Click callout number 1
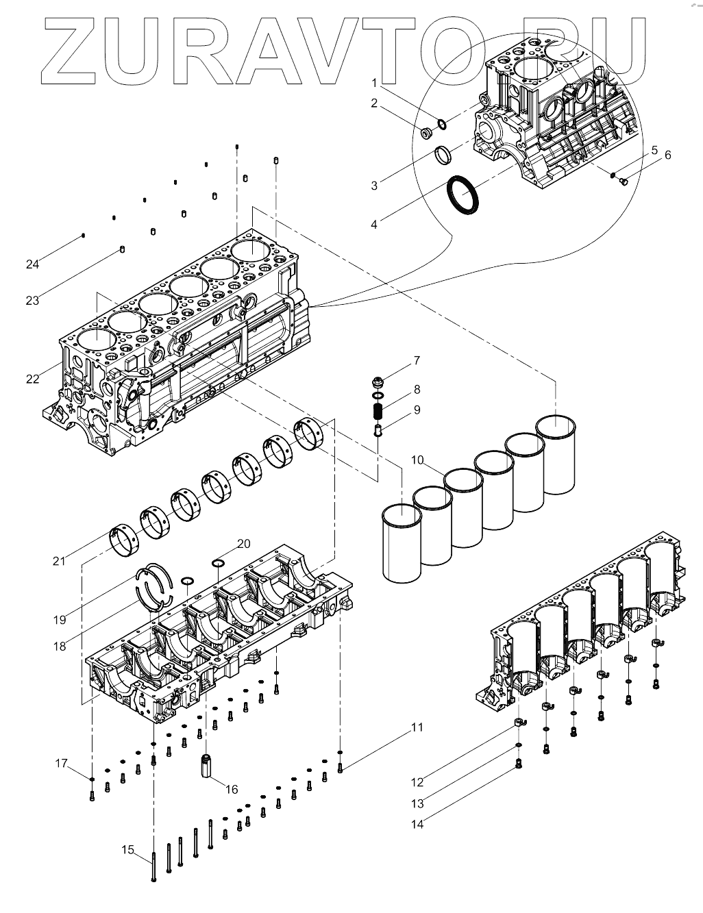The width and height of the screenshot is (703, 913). click(375, 84)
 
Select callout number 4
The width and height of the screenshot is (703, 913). click(374, 224)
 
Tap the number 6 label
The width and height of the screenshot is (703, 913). click(667, 155)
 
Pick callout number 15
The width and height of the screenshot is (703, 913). click(127, 850)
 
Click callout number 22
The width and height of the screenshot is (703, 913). click(33, 379)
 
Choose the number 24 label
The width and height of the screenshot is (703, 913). click(32, 264)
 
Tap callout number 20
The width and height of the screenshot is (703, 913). click(244, 544)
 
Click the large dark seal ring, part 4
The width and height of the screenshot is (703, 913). click(464, 195)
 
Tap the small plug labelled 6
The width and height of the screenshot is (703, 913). click(624, 182)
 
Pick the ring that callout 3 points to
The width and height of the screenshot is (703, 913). click(443, 154)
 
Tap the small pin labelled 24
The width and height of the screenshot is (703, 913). click(83, 236)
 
